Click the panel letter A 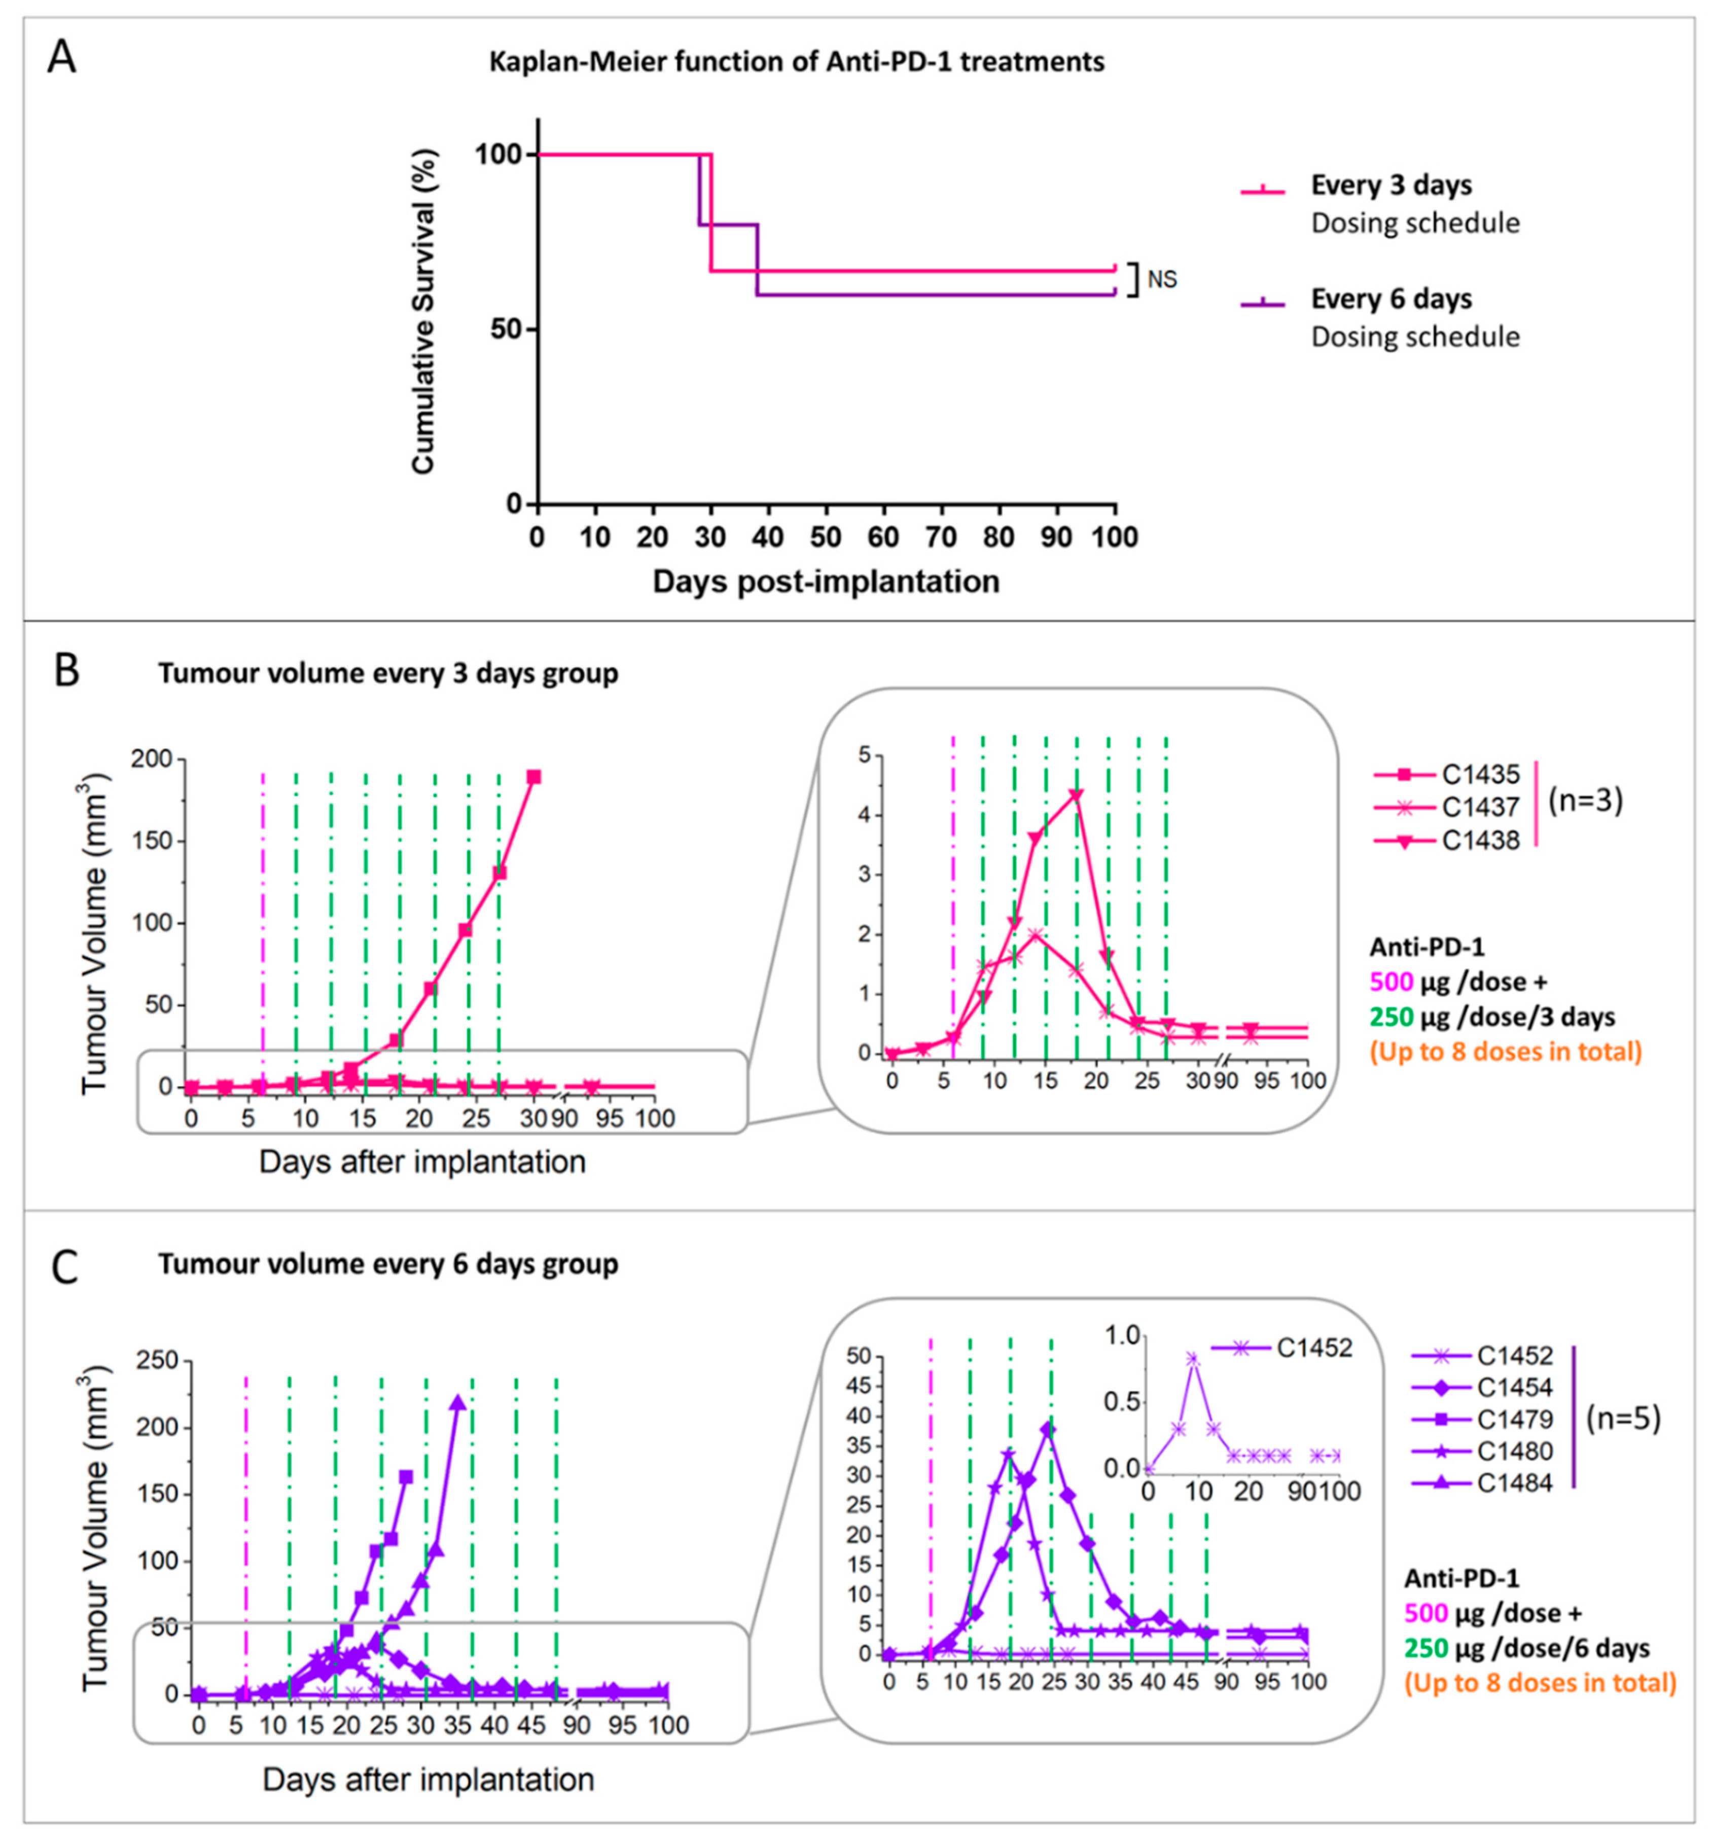[x=62, y=57]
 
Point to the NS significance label [x=1162, y=279]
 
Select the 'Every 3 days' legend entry [x=1391, y=185]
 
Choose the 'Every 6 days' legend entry [x=1391, y=299]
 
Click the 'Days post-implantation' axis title [x=826, y=582]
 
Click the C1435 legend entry [x=1480, y=774]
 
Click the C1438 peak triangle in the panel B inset [x=1076, y=794]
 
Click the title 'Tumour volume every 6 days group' [x=388, y=1264]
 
